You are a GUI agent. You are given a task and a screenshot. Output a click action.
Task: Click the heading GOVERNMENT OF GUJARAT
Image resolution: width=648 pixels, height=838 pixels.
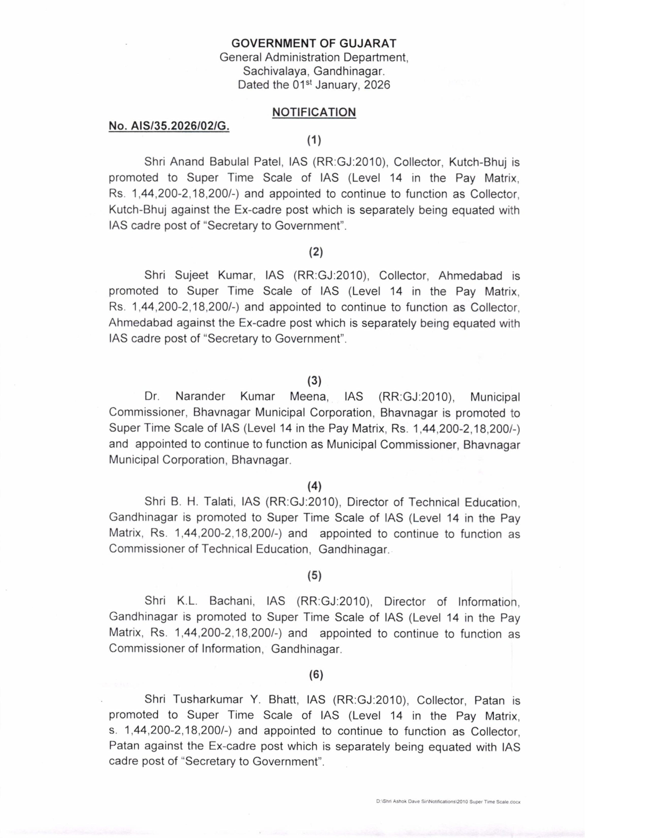[314, 43]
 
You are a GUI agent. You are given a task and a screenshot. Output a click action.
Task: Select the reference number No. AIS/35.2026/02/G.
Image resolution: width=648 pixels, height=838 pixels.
[169, 126]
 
